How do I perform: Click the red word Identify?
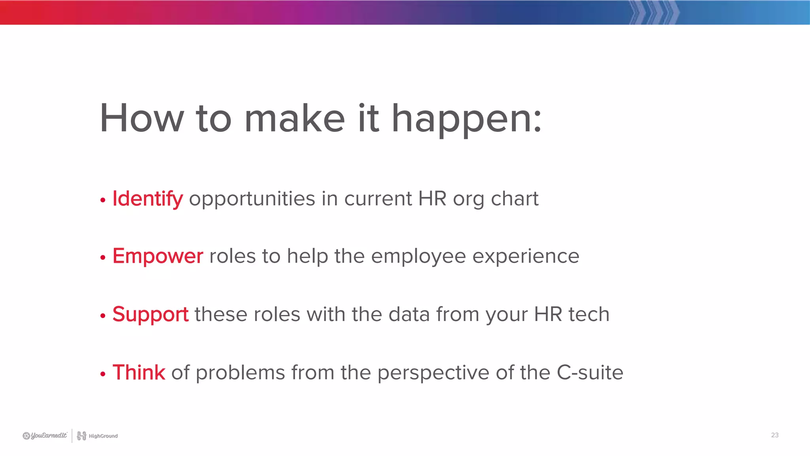(x=148, y=199)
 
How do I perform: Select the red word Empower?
(x=158, y=256)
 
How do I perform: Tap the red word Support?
(x=150, y=315)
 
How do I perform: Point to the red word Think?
(x=139, y=372)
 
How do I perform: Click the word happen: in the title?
(x=467, y=119)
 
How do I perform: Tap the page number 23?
(x=774, y=435)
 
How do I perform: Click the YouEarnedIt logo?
(x=45, y=435)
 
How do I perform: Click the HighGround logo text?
(x=103, y=436)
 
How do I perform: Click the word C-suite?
(x=590, y=372)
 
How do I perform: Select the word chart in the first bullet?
(x=515, y=199)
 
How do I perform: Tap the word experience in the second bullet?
(x=526, y=256)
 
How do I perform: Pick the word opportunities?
(x=252, y=199)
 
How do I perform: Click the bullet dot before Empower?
(x=103, y=258)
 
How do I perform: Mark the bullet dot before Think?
(x=103, y=374)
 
